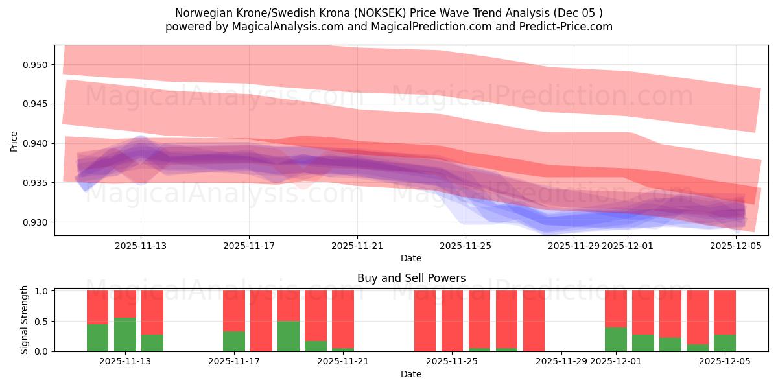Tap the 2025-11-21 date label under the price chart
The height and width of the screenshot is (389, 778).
[x=357, y=246]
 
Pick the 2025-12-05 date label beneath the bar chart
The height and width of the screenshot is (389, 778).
[x=724, y=362]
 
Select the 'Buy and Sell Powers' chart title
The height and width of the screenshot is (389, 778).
[x=411, y=278]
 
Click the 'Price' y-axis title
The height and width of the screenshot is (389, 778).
[x=14, y=141]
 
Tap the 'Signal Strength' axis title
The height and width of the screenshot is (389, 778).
[x=24, y=320]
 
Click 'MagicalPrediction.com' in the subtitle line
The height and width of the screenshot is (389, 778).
[x=418, y=27]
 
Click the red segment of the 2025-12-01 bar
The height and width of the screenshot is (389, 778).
[x=616, y=309]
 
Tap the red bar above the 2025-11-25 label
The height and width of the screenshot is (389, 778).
[x=453, y=321]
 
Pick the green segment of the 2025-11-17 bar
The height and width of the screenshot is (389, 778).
[x=234, y=341]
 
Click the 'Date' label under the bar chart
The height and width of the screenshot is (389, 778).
[x=411, y=374]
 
